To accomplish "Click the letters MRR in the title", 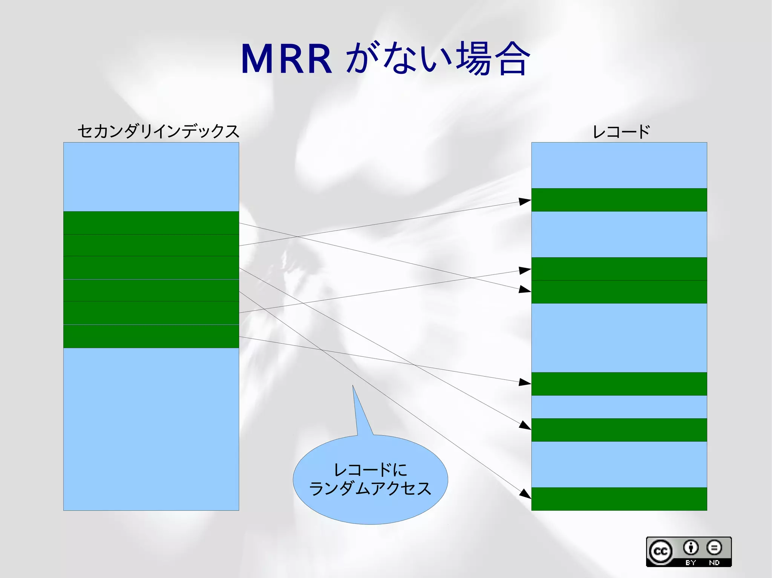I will [x=286, y=59].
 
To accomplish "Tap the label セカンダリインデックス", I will [x=158, y=131].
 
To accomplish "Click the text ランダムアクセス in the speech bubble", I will [x=370, y=489].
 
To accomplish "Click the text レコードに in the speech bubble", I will [x=370, y=470].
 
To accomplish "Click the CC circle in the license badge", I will [x=660, y=552].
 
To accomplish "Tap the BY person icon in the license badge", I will [x=691, y=547].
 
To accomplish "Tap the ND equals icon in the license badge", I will [x=714, y=547].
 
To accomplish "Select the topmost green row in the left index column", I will [x=151, y=223].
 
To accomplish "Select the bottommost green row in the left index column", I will [x=151, y=336].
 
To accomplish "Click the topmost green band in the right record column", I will [x=619, y=200].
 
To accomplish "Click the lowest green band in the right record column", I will [x=619, y=499].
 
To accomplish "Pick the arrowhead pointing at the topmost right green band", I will [x=525, y=201].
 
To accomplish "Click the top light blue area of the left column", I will [x=151, y=177].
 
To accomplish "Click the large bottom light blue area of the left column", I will [x=151, y=429].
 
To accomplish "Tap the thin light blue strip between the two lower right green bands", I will [x=619, y=407].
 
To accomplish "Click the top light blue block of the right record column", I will [x=619, y=165].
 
